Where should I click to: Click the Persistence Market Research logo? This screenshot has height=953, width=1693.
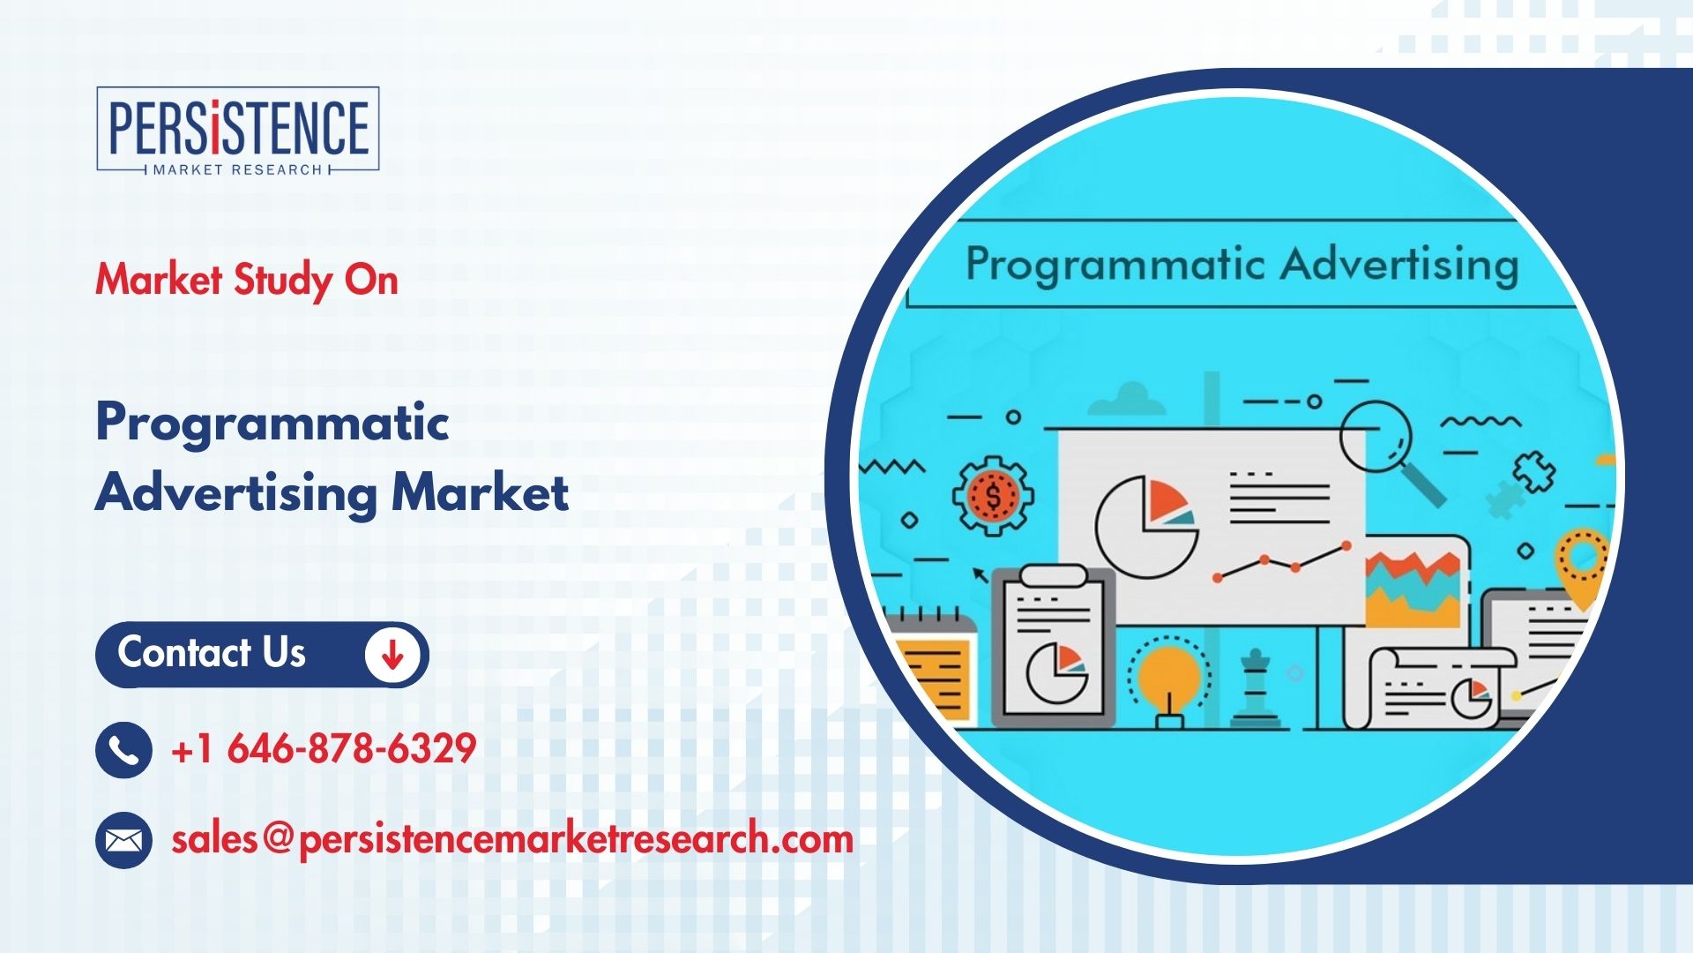[238, 130]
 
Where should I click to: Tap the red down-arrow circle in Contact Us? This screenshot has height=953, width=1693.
[392, 654]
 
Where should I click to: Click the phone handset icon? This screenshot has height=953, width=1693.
[123, 749]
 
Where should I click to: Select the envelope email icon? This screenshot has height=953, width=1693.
[123, 839]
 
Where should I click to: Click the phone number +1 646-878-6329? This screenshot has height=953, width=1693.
[324, 748]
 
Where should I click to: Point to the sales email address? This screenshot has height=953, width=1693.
[512, 838]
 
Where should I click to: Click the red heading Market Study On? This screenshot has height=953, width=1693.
[247, 281]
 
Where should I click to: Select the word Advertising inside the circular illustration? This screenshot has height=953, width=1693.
[1399, 264]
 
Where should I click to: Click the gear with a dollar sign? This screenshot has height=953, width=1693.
[993, 496]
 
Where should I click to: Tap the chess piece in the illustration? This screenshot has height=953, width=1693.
[1256, 688]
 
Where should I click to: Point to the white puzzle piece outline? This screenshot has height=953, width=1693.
[1534, 471]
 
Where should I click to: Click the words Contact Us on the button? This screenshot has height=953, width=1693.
[212, 653]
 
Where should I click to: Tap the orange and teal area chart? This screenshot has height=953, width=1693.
[1413, 589]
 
